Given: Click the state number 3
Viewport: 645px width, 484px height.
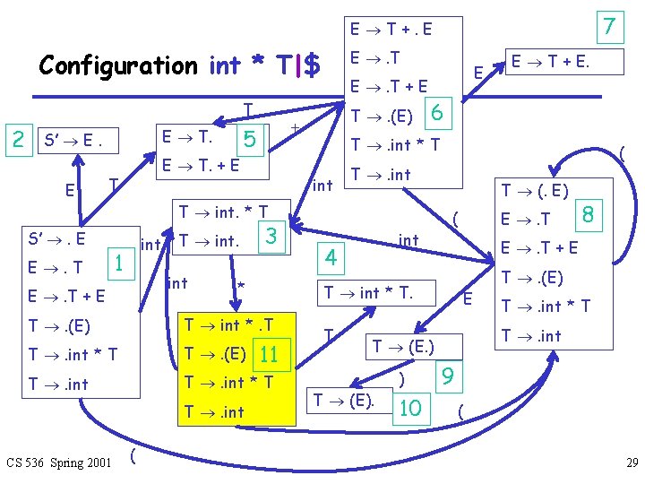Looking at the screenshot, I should pyautogui.click(x=270, y=237).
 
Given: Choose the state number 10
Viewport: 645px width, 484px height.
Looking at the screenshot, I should pyautogui.click(x=410, y=408).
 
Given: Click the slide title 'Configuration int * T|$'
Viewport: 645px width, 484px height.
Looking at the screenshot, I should pyautogui.click(x=179, y=65).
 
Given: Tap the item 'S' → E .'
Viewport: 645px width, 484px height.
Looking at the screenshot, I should pyautogui.click(x=76, y=141).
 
